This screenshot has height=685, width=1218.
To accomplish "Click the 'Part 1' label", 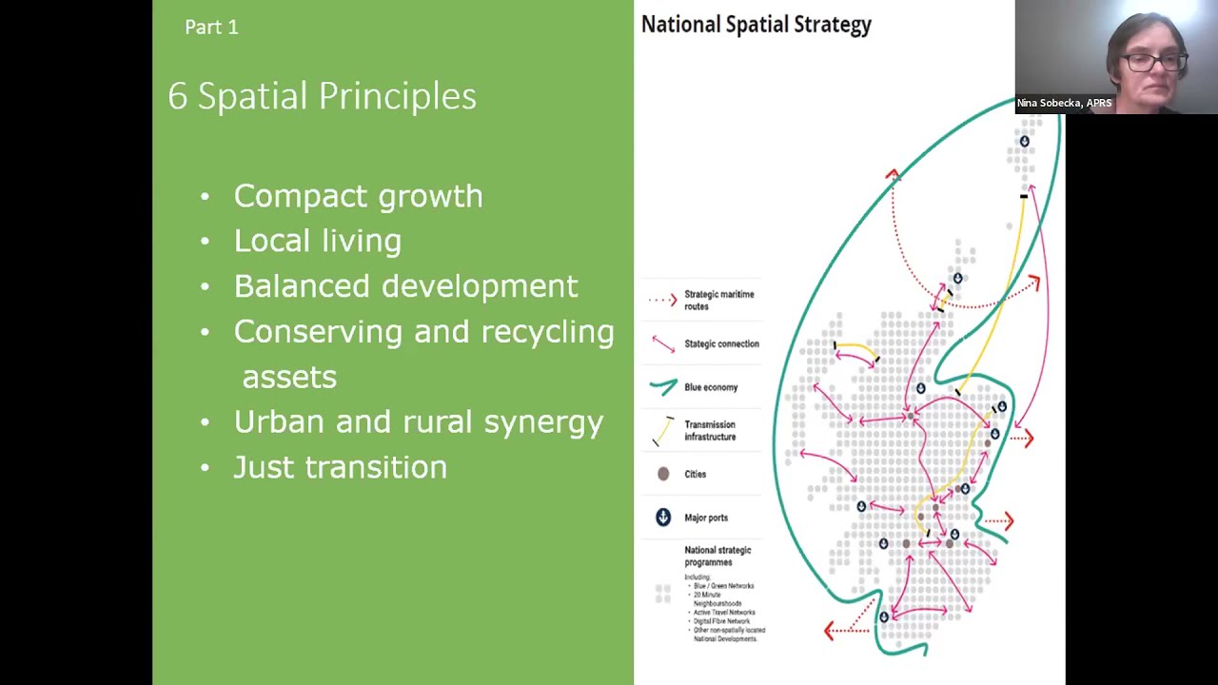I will click(211, 28).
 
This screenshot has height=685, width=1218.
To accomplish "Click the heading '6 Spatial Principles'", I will click(322, 96).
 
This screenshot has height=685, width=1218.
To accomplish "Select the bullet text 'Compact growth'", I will click(358, 196).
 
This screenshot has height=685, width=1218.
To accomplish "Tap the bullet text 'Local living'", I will click(317, 241).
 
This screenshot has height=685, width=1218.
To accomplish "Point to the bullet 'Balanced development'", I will click(405, 286).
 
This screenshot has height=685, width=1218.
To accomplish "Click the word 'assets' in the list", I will click(289, 377).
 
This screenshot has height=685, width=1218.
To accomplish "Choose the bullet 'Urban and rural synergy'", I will click(418, 421).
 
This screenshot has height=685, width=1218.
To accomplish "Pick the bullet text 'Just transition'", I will click(340, 467).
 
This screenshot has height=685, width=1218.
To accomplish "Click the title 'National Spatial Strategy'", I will click(756, 25).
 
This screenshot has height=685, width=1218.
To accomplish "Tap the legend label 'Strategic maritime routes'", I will click(718, 301).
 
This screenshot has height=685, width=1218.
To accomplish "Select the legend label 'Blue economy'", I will click(711, 387).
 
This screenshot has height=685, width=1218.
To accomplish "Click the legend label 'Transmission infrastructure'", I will click(710, 431).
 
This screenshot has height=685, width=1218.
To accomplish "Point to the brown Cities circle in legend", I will click(663, 474).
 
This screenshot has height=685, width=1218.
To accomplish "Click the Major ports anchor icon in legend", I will click(663, 518).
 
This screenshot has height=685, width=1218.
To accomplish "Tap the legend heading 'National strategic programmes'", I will click(717, 556).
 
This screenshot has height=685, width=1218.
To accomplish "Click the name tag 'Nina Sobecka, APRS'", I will click(1064, 103).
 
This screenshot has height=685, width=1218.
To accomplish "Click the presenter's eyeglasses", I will click(1151, 62).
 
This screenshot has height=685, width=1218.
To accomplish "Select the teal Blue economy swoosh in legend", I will click(663, 386).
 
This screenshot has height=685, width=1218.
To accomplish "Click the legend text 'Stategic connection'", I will click(721, 343).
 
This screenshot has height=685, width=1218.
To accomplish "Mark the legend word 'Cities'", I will click(695, 474).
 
